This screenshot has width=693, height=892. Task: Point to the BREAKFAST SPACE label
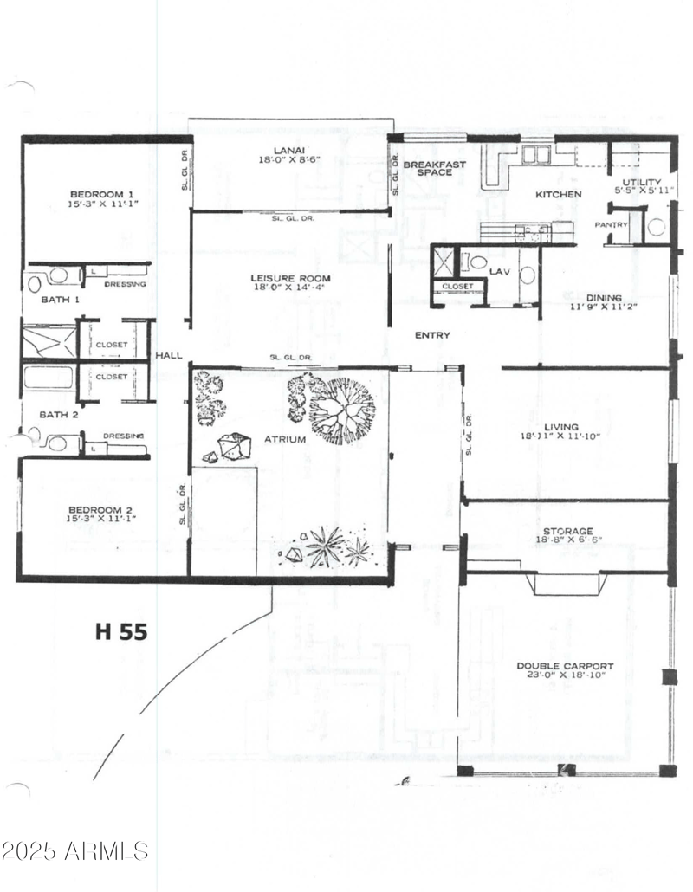[435, 168]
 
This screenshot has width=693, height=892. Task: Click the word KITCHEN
[558, 194]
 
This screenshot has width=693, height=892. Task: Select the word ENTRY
[431, 335]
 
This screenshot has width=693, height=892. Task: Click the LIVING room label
[561, 426]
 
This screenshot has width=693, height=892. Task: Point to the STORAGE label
[567, 531]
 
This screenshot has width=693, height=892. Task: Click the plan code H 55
[120, 631]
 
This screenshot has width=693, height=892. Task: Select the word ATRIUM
[285, 439]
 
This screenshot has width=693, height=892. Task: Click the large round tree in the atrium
[343, 410]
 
